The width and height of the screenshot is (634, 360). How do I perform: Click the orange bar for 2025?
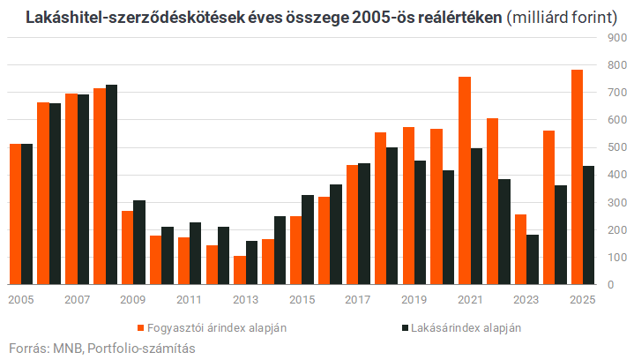[x=577, y=177]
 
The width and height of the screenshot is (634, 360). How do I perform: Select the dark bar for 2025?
[x=588, y=226]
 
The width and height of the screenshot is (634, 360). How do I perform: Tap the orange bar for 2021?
[x=465, y=181]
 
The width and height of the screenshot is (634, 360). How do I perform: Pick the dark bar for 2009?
[x=138, y=243]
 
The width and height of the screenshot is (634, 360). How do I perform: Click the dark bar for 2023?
[x=532, y=259]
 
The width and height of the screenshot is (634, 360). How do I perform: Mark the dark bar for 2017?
[x=363, y=224]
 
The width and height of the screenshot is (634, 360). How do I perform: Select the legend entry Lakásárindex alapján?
[x=465, y=327]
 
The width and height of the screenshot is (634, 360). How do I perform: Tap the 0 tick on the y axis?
[x=607, y=285]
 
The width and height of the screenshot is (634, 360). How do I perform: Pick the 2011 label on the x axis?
[x=190, y=300]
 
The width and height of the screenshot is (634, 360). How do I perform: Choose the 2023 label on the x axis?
[x=526, y=300]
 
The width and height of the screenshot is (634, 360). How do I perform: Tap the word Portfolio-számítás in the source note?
[x=141, y=348]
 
